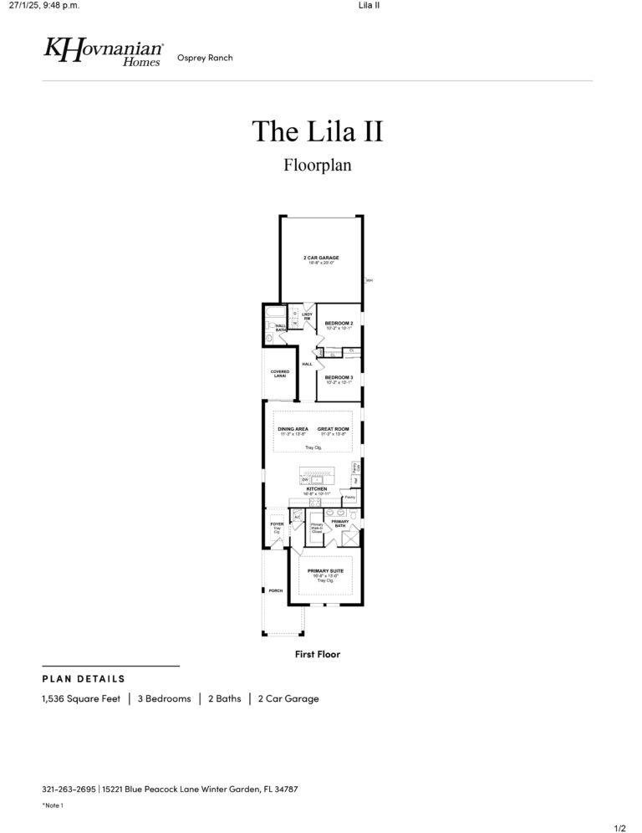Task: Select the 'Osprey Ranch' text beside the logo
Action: point(205,58)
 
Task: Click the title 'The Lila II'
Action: point(317,131)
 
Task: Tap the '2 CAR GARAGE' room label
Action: point(320,258)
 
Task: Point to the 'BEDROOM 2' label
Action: point(339,323)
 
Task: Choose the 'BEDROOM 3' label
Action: point(339,378)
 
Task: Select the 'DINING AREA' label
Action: point(293,429)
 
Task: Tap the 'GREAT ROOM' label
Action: point(333,429)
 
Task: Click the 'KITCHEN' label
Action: point(317,489)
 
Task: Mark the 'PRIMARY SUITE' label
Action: point(325,571)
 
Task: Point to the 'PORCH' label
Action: point(275,590)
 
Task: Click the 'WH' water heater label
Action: point(369,280)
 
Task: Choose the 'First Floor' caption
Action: point(317,654)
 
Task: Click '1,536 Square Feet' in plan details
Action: point(81,698)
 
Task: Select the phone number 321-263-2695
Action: point(69,789)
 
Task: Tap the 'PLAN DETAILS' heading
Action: point(84,678)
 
